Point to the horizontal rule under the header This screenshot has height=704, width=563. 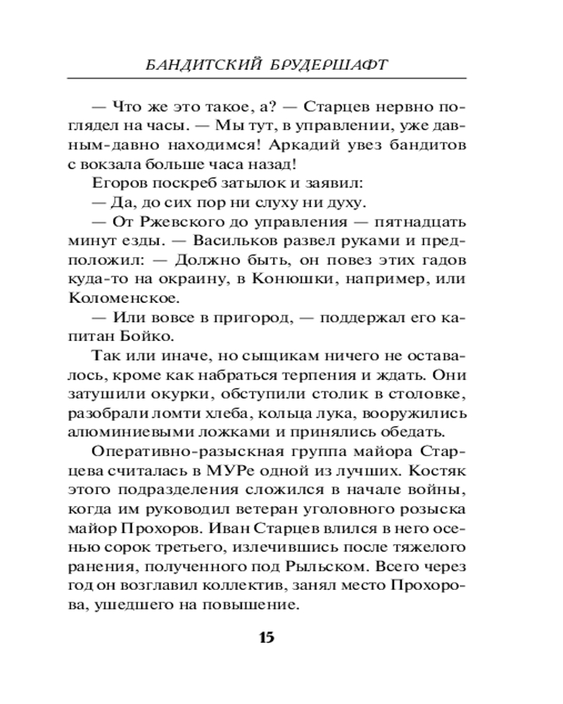[x=281, y=77]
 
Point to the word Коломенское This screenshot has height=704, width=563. [x=113, y=298]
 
